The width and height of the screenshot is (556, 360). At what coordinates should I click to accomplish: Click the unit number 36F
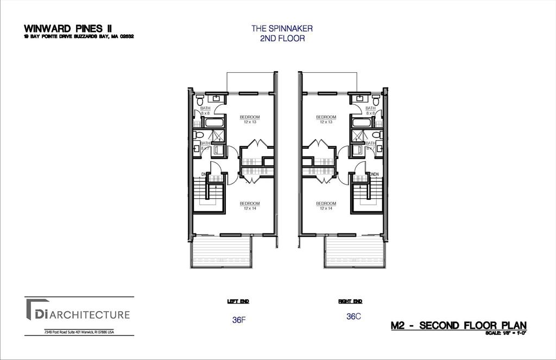(x=239, y=320)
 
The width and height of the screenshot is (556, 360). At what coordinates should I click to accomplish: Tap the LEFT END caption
(x=238, y=301)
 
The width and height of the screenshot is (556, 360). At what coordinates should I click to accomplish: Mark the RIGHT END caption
(x=350, y=301)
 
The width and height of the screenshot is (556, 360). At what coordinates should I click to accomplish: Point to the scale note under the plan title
(x=506, y=333)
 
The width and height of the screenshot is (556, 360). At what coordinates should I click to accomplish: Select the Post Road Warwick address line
(x=79, y=332)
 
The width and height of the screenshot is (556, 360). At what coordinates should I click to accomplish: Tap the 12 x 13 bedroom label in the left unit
(x=250, y=119)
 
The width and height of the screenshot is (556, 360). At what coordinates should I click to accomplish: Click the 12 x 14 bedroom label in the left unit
(x=250, y=205)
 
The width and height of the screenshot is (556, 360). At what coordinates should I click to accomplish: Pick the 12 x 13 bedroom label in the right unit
(x=326, y=119)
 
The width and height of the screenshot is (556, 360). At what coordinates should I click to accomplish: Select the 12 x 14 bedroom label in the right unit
(x=326, y=205)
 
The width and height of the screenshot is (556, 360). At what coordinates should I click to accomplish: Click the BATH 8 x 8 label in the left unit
(x=205, y=110)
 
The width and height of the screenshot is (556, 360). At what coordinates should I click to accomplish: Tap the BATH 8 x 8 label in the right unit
(x=370, y=110)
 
